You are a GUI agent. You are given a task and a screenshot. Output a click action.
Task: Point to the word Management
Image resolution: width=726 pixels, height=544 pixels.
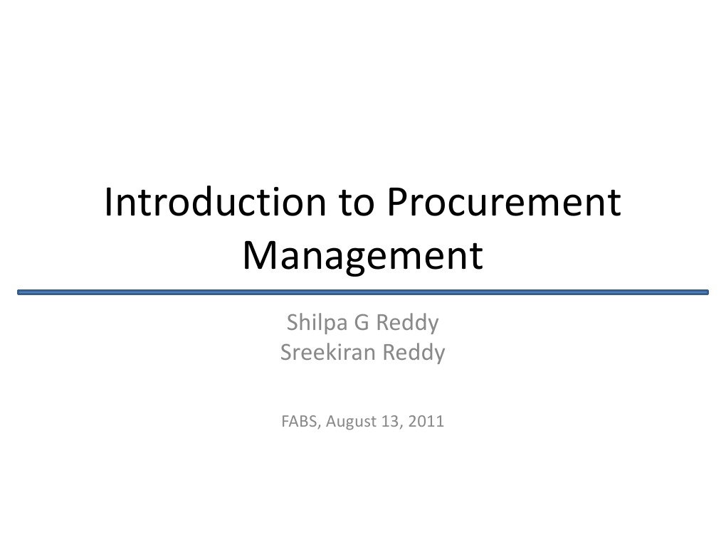click(362, 256)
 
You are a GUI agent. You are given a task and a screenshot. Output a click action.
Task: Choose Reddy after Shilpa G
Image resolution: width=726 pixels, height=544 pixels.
click(407, 324)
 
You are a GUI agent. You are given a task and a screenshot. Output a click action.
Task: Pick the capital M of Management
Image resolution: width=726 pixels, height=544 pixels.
click(257, 256)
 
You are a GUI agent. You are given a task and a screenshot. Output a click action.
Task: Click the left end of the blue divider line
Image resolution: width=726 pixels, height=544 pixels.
click(20, 292)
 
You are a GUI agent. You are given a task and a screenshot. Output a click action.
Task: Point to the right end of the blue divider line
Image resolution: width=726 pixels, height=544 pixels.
click(707, 292)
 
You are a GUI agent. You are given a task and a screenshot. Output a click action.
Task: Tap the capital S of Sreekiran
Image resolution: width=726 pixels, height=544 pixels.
click(285, 352)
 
